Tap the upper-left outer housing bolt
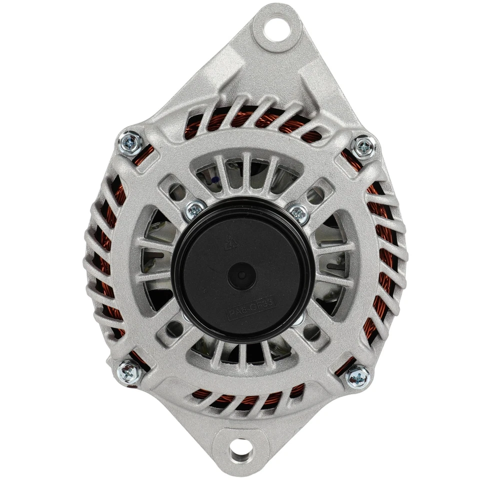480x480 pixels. (131, 142)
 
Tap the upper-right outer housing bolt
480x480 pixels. (363, 146)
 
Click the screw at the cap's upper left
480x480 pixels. (195, 210)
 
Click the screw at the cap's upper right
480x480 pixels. (298, 214)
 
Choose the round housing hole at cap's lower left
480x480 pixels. (175, 328)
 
